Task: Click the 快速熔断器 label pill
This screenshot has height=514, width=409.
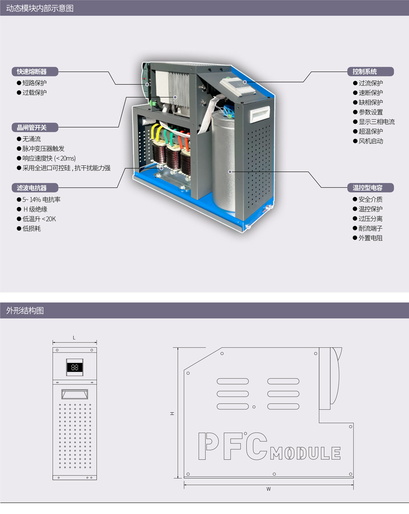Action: pyautogui.click(x=35, y=72)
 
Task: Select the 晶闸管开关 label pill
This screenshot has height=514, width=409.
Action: pyautogui.click(x=35, y=127)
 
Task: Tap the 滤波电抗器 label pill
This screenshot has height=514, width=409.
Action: pyautogui.click(x=35, y=188)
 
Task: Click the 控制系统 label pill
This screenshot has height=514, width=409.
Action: pyautogui.click(x=370, y=72)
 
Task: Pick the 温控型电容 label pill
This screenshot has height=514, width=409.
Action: pyautogui.click(x=370, y=188)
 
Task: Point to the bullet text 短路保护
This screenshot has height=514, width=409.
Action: pyautogui.click(x=34, y=83)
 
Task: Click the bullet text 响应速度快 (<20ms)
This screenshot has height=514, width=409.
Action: pyautogui.click(x=49, y=158)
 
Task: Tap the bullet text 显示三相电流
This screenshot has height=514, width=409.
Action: pyautogui.click(x=377, y=122)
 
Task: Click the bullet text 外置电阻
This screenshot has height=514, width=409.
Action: pyautogui.click(x=370, y=238)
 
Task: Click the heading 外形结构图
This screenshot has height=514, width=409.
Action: pyautogui.click(x=25, y=311)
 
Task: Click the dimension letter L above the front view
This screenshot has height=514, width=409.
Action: pyautogui.click(x=74, y=338)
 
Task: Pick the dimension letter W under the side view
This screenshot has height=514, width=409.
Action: pyautogui.click(x=269, y=489)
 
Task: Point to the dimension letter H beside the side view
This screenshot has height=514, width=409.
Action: pyautogui.click(x=172, y=413)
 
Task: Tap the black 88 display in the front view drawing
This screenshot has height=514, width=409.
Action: pyautogui.click(x=74, y=367)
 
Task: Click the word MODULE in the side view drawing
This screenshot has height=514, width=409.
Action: pyautogui.click(x=305, y=453)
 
